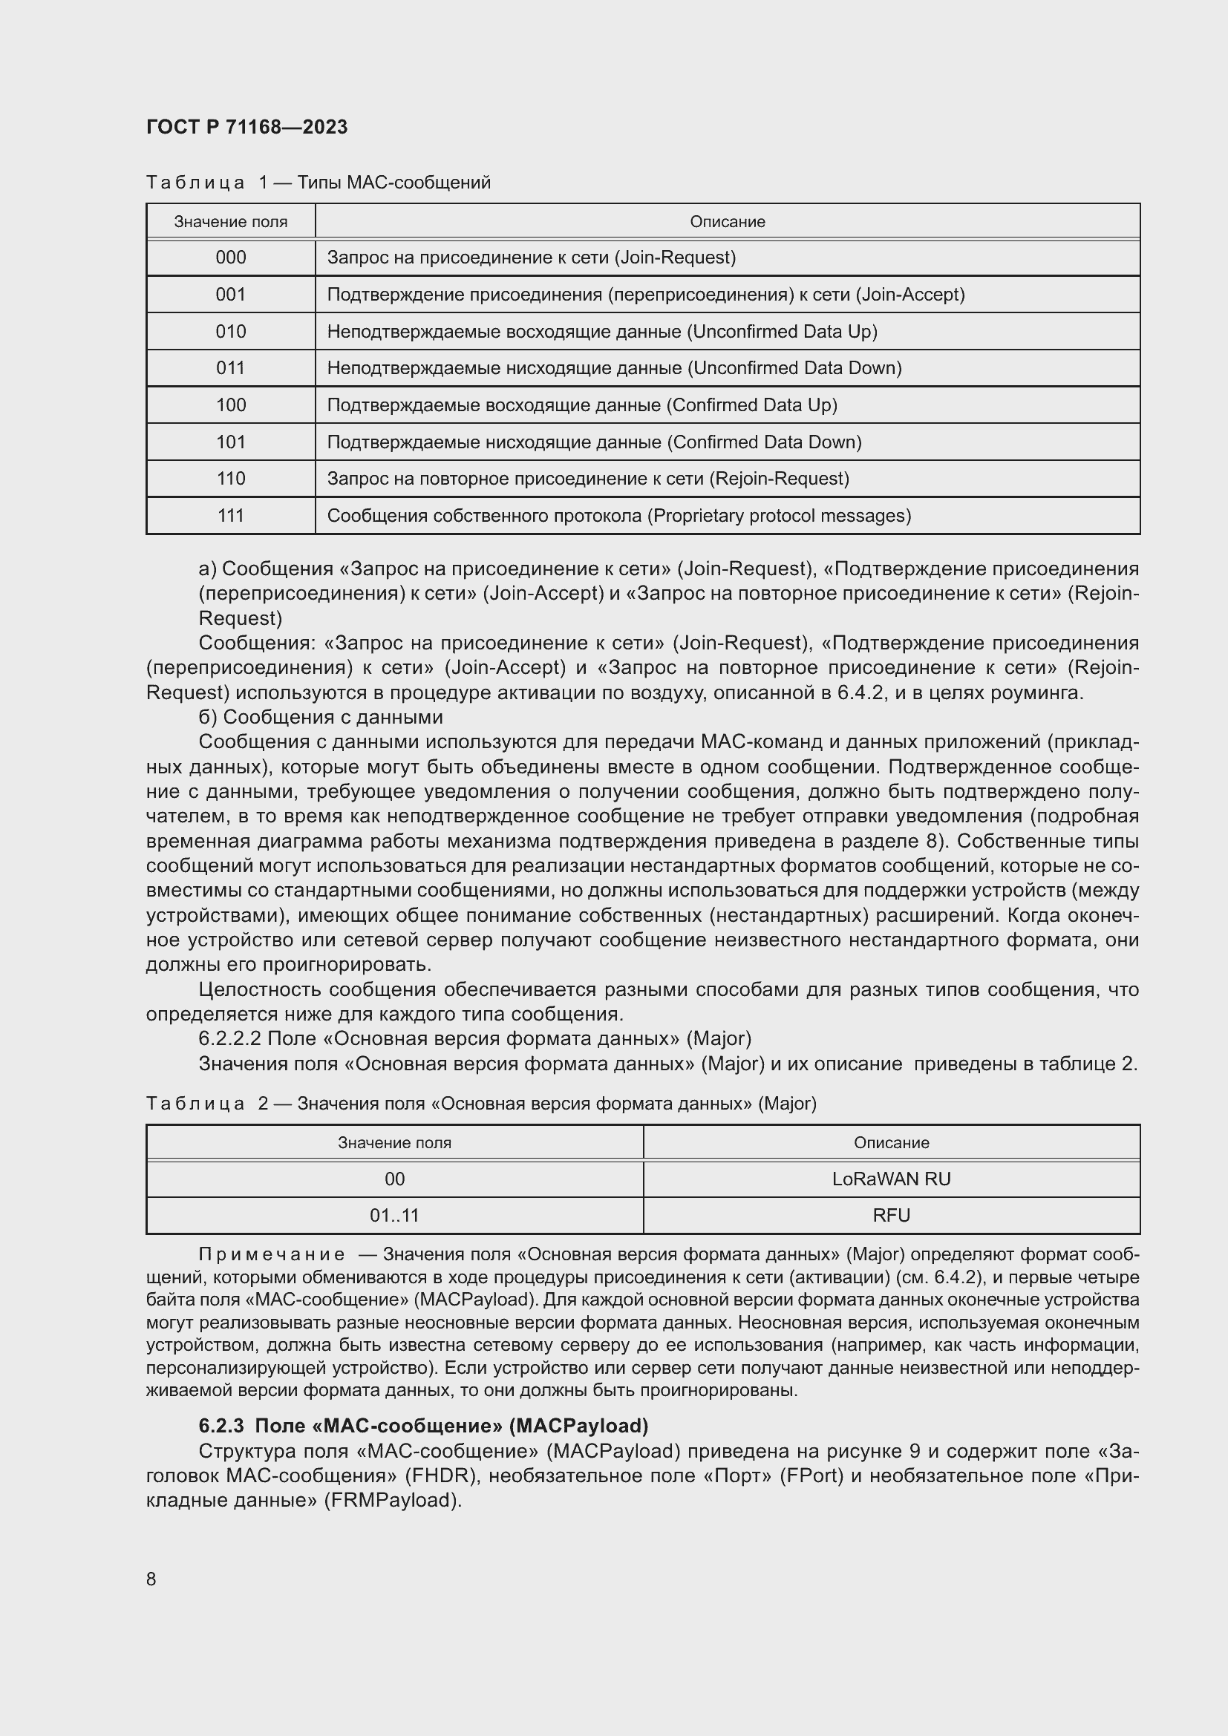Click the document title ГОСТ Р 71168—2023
(246, 127)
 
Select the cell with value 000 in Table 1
(231, 258)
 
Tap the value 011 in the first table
(231, 368)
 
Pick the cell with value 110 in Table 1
(231, 479)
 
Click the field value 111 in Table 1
(231, 516)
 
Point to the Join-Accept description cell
(645, 295)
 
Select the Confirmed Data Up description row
(581, 405)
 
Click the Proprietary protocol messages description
(618, 516)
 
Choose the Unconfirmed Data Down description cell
(614, 368)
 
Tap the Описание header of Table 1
(727, 221)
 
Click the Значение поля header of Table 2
(394, 1142)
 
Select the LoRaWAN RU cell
(891, 1179)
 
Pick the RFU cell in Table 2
(891, 1215)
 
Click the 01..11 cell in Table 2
(394, 1215)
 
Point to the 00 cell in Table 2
(394, 1179)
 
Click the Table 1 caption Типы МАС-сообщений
(393, 183)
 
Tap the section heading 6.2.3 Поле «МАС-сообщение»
(423, 1426)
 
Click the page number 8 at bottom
(151, 1579)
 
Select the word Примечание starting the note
(272, 1255)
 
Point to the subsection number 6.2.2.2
(229, 1039)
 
